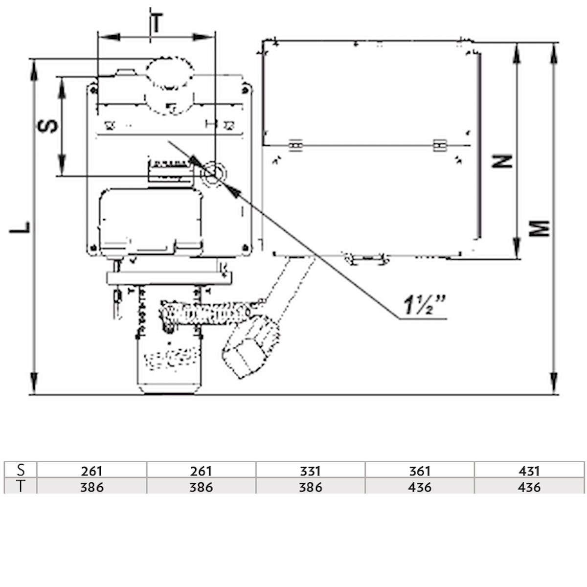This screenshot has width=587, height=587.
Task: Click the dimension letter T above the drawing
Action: [156, 23]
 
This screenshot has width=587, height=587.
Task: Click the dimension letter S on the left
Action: [48, 126]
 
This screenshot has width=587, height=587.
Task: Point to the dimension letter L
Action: [20, 227]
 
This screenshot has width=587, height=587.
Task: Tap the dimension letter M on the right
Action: [540, 228]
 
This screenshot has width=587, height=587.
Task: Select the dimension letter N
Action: [502, 161]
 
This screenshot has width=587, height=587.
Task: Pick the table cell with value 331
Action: [310, 471]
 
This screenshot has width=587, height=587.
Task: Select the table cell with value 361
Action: [419, 471]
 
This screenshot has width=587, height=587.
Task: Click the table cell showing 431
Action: [529, 471]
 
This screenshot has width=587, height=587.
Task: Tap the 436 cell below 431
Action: [529, 487]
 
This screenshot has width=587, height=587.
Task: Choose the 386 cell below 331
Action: [310, 487]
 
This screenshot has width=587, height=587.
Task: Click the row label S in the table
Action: [21, 470]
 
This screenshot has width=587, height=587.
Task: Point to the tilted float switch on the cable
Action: [250, 346]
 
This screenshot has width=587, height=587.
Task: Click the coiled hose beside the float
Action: [205, 314]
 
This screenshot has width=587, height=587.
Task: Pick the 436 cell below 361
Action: [419, 487]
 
